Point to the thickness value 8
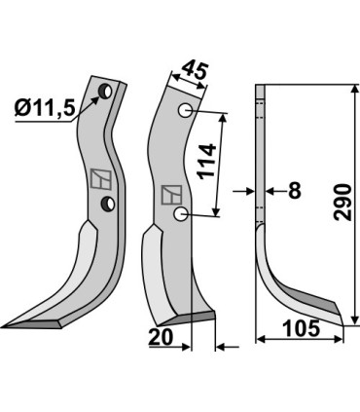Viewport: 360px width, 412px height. click(x=293, y=192)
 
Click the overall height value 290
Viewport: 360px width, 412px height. click(x=343, y=202)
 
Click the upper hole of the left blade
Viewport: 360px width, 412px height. click(x=102, y=94)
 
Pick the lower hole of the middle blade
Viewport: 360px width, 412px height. click(x=180, y=213)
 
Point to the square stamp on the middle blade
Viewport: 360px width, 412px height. click(x=169, y=193)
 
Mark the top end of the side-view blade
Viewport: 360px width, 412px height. click(x=260, y=90)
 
